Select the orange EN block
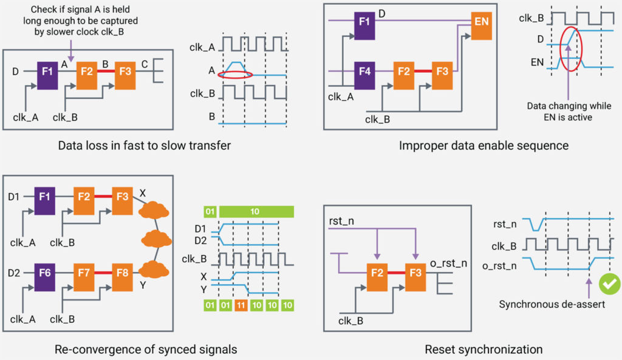click(481, 25)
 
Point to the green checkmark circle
click(610, 284)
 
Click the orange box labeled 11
click(241, 305)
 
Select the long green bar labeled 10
click(256, 212)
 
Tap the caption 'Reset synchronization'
click(484, 349)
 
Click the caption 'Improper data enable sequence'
click(484, 146)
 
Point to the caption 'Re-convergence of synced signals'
click(146, 349)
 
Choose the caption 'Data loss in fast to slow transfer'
click(145, 146)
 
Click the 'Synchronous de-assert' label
click(552, 304)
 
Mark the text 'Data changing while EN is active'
click(569, 112)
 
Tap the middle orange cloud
click(157, 239)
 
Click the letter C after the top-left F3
click(145, 64)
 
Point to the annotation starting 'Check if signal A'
click(80, 21)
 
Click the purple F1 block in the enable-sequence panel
click(364, 25)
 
